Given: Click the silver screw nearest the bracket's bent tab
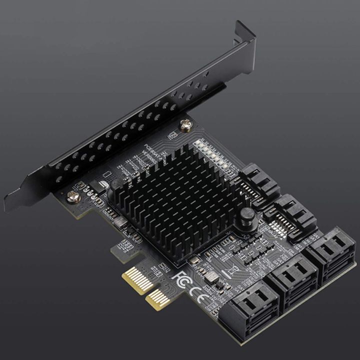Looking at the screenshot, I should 186,126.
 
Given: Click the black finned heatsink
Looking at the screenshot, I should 177,202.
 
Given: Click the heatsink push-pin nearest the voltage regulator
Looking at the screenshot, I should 114,185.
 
